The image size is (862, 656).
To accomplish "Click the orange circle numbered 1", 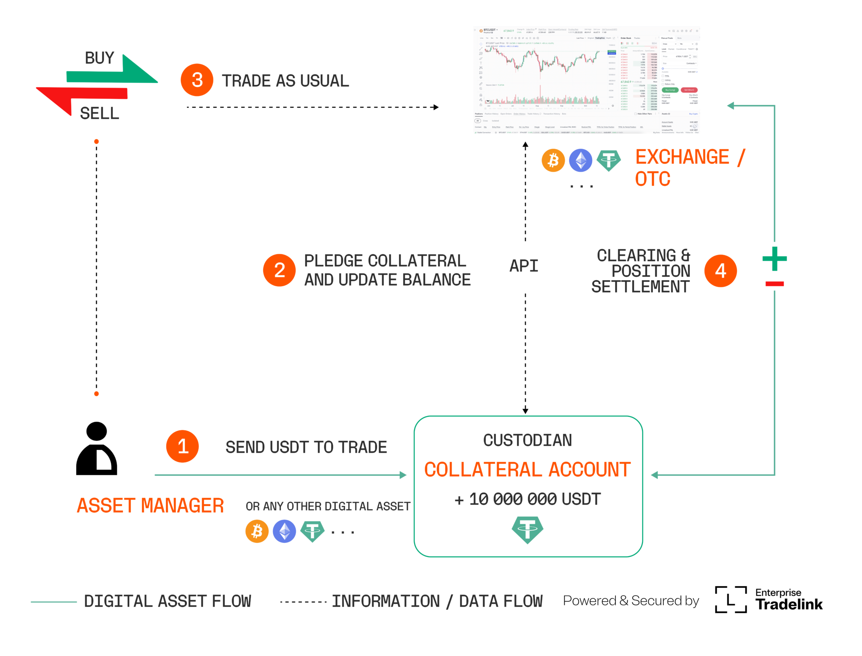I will click(x=182, y=446).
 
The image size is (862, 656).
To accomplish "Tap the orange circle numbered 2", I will click(x=279, y=270).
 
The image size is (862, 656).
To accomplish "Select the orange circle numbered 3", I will click(x=197, y=80).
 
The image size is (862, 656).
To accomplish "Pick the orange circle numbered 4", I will click(x=720, y=271).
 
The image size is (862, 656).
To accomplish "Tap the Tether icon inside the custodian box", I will click(x=527, y=529).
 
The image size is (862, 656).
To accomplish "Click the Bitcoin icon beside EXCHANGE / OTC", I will click(x=553, y=160).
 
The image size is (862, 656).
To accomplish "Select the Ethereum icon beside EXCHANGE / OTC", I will click(x=580, y=160).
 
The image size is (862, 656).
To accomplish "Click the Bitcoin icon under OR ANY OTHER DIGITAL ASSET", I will click(x=257, y=531).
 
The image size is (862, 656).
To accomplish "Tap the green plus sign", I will click(x=774, y=259).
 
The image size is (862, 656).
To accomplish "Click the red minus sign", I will click(x=774, y=284).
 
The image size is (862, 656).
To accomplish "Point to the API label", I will click(x=524, y=266).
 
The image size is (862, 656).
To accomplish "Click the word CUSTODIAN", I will click(x=527, y=440).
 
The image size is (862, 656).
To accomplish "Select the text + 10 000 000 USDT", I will click(x=527, y=499).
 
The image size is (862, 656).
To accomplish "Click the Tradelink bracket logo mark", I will click(x=731, y=600).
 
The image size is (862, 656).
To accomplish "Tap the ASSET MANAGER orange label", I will click(x=150, y=505).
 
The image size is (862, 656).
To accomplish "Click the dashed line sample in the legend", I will click(x=303, y=602).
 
